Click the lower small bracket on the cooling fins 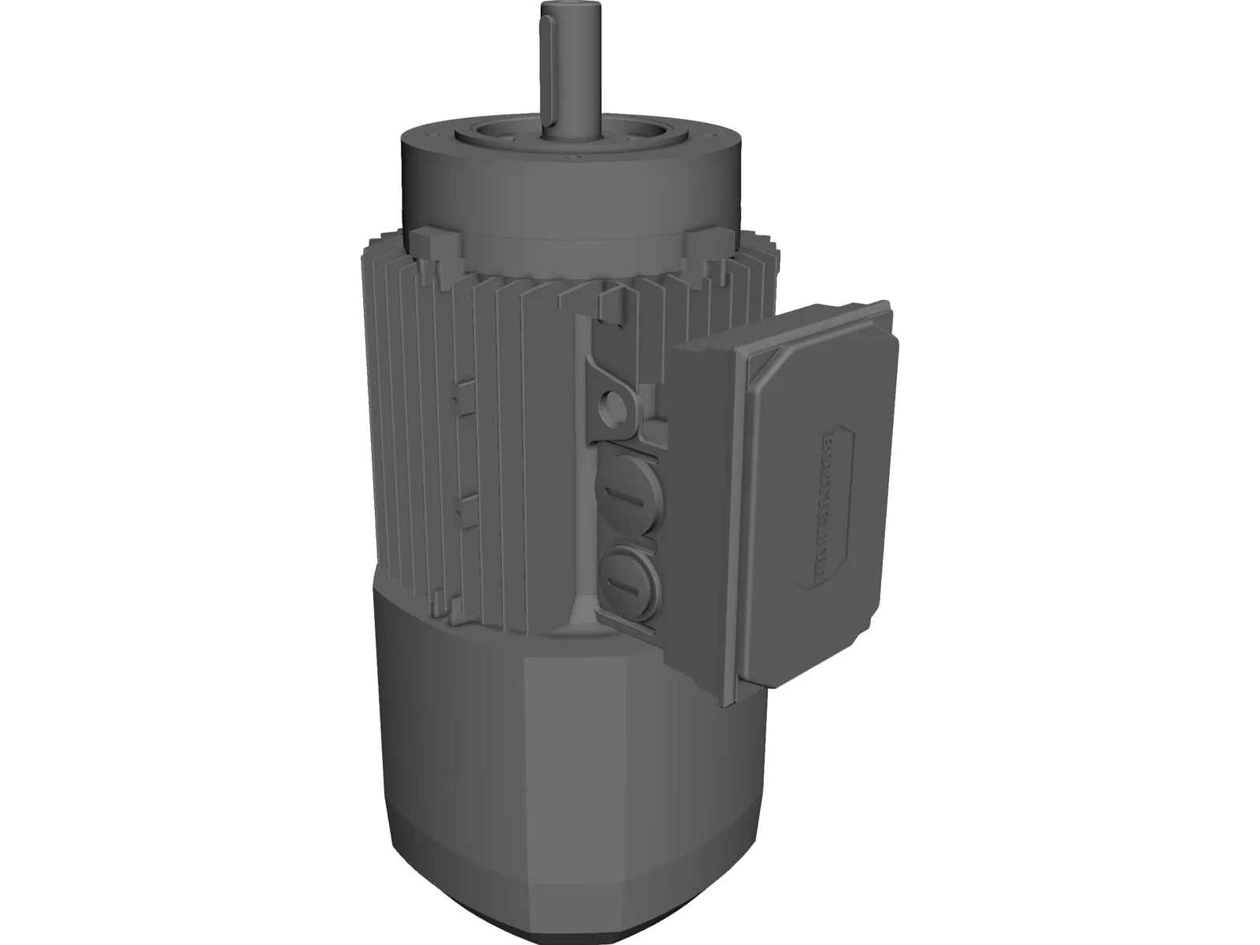(x=465, y=508)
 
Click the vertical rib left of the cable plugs (x=582, y=472)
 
